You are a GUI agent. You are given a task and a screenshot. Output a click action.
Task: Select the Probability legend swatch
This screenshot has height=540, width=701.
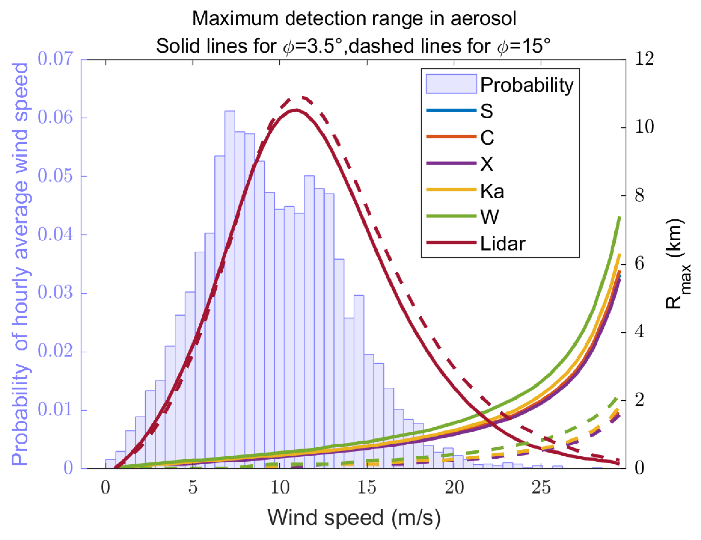pyautogui.click(x=451, y=84)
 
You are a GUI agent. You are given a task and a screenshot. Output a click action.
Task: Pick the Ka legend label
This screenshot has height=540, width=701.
pyautogui.click(x=492, y=191)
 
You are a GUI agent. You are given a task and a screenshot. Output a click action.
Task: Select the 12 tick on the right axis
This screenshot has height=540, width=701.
pyautogui.click(x=644, y=59)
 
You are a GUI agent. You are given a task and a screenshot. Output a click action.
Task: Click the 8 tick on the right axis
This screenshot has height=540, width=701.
pyautogui.click(x=639, y=195)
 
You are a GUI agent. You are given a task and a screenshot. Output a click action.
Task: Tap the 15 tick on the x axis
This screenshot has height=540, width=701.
pyautogui.click(x=367, y=488)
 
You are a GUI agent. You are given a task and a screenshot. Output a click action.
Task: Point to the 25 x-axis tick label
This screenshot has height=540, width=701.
pyautogui.click(x=541, y=488)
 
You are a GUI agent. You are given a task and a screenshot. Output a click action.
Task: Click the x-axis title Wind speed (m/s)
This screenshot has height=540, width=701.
pyautogui.click(x=354, y=517)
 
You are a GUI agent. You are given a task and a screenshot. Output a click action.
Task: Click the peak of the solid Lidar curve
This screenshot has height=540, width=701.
pyautogui.click(x=296, y=110)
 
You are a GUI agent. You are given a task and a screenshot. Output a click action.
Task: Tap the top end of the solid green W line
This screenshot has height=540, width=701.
pyautogui.click(x=619, y=217)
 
